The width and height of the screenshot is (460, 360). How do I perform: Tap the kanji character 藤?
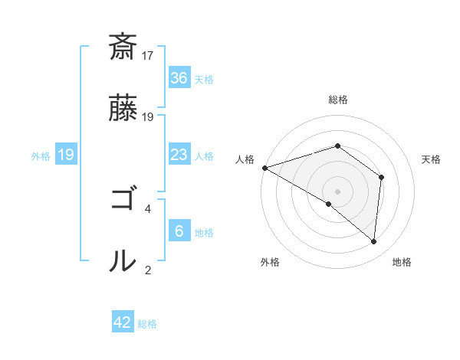coord(123,109)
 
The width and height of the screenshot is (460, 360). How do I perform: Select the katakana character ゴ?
coord(123,200)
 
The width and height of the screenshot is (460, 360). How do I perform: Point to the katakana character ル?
coord(123,260)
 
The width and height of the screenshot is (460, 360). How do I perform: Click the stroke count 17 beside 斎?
coord(148,56)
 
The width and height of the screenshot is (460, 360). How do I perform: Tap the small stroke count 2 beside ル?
coord(148,270)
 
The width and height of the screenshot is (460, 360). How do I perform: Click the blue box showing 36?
coord(179,77)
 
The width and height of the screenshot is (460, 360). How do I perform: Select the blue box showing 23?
coord(179,155)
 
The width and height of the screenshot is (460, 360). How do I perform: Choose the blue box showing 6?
coord(179,231)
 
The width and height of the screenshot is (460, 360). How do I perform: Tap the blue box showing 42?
coord(123,322)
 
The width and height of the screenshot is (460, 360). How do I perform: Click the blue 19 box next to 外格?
coord(65,155)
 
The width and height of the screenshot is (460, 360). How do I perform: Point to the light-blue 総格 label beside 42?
coord(147,324)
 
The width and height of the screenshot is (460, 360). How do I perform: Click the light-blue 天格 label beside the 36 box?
coord(204,80)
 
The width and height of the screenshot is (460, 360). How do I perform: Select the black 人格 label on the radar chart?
coord(245,159)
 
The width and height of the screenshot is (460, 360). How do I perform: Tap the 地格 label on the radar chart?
coord(402,262)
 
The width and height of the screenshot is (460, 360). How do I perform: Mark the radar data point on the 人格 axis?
coord(264,168)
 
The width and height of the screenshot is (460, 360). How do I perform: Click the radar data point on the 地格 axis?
coord(374,241)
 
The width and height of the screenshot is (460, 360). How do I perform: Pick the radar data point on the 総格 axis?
coord(337,146)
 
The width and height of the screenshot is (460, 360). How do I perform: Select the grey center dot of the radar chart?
coord(337,191)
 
